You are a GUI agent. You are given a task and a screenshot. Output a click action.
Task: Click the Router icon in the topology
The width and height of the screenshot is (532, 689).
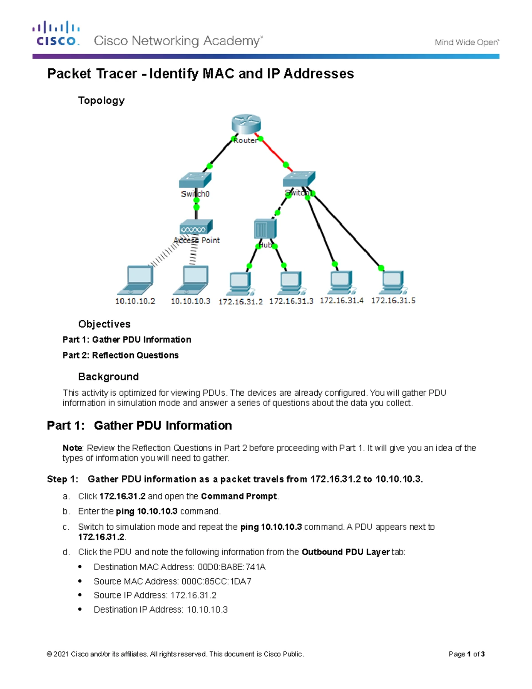(x=246, y=124)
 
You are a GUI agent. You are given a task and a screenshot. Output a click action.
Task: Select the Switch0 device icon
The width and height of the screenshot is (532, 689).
(x=195, y=179)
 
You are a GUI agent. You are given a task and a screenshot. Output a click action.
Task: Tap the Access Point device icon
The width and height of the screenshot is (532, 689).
(x=196, y=227)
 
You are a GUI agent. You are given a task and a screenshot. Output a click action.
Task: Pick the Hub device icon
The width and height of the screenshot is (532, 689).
(x=265, y=229)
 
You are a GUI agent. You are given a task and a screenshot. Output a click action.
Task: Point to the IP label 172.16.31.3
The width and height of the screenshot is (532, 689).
(x=291, y=301)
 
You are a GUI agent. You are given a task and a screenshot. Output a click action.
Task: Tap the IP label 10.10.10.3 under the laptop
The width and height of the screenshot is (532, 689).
(x=191, y=301)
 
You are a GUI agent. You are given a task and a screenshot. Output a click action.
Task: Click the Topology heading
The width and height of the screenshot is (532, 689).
(x=102, y=101)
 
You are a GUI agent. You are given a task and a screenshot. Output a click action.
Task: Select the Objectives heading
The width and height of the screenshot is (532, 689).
(x=104, y=324)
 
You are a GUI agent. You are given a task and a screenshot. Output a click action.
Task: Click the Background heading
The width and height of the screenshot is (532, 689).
(x=109, y=377)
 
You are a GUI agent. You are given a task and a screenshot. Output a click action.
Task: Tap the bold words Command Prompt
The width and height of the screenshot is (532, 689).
(x=239, y=496)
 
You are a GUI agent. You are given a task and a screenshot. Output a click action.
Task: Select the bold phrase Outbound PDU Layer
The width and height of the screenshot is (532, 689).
(x=346, y=552)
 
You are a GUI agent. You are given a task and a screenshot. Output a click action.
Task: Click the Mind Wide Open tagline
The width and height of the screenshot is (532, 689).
(x=467, y=43)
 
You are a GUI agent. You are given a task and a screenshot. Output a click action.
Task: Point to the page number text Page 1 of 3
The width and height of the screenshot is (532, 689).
(x=466, y=654)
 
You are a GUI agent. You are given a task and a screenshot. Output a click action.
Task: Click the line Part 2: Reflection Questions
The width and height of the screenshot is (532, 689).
(x=121, y=355)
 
